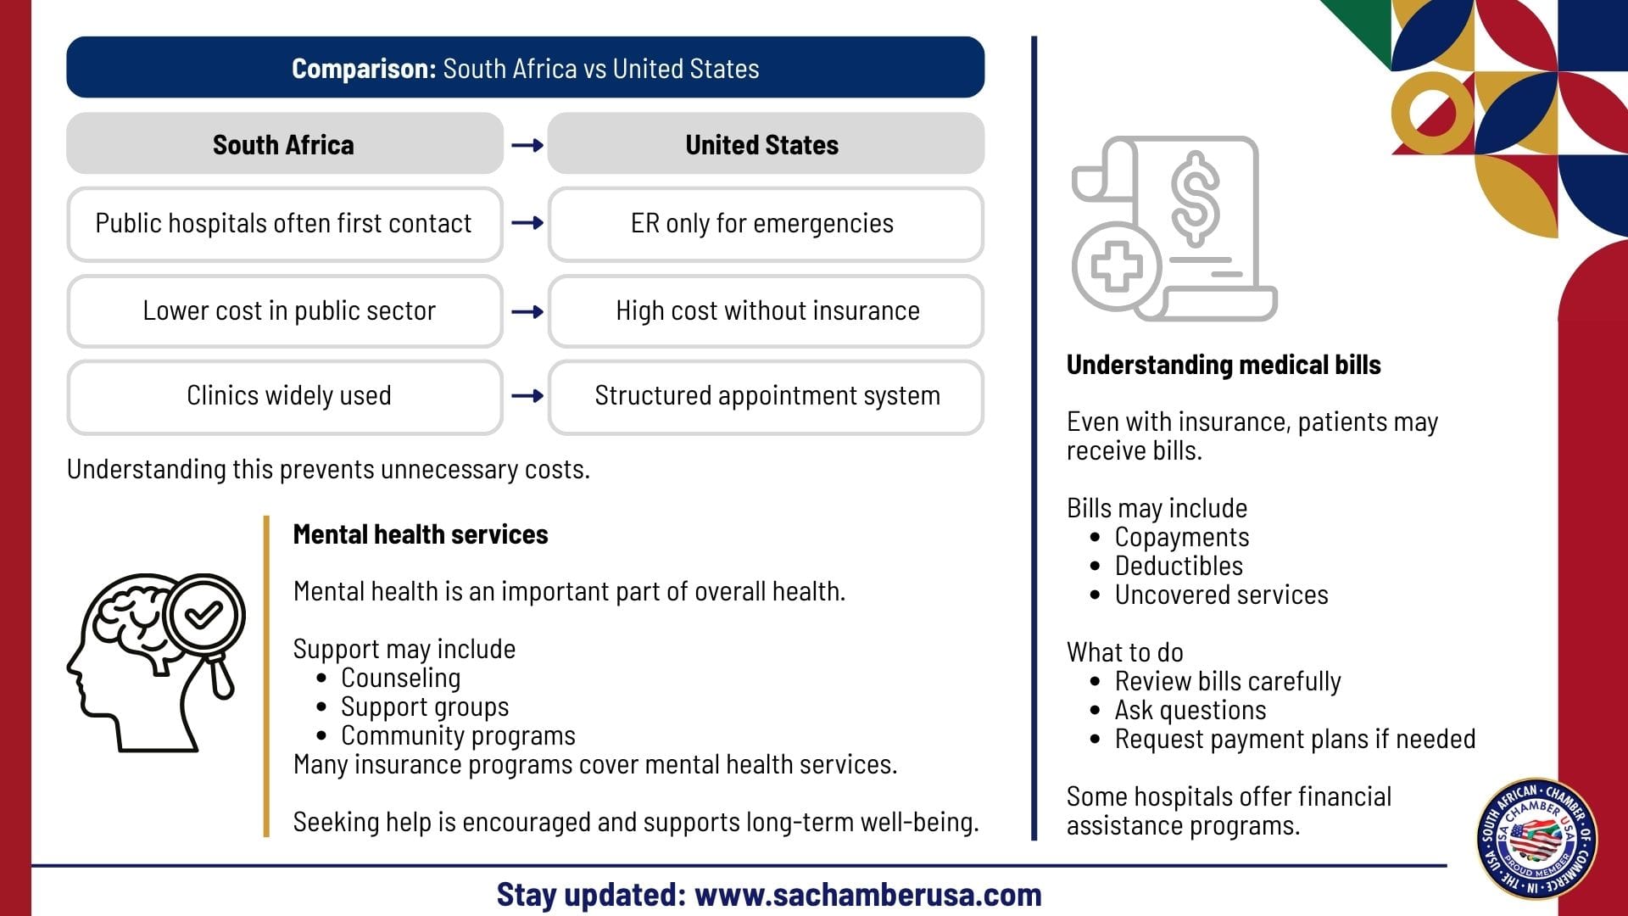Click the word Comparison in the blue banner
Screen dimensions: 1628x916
coord(364,69)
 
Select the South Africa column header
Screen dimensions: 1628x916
coord(285,144)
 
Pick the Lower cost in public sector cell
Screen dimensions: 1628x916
coord(285,311)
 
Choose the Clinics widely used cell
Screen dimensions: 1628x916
coord(285,397)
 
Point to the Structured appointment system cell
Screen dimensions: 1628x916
coord(766,397)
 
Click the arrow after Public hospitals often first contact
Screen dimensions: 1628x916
coord(527,223)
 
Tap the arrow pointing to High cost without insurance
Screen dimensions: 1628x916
coord(527,312)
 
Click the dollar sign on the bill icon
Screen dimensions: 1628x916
coord(1196,198)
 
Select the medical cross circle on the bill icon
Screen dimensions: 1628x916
coord(1117,266)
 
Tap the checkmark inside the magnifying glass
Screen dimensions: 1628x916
coord(203,614)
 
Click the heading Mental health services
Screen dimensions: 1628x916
coord(421,534)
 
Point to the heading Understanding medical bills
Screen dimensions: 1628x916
coord(1224,366)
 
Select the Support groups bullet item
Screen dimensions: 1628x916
coord(413,707)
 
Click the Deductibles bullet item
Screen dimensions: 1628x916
coord(1167,566)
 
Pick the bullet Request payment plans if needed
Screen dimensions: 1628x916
coord(1283,739)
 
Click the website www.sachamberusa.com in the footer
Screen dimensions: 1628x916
coord(868,895)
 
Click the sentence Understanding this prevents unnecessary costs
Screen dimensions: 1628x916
coord(328,469)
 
